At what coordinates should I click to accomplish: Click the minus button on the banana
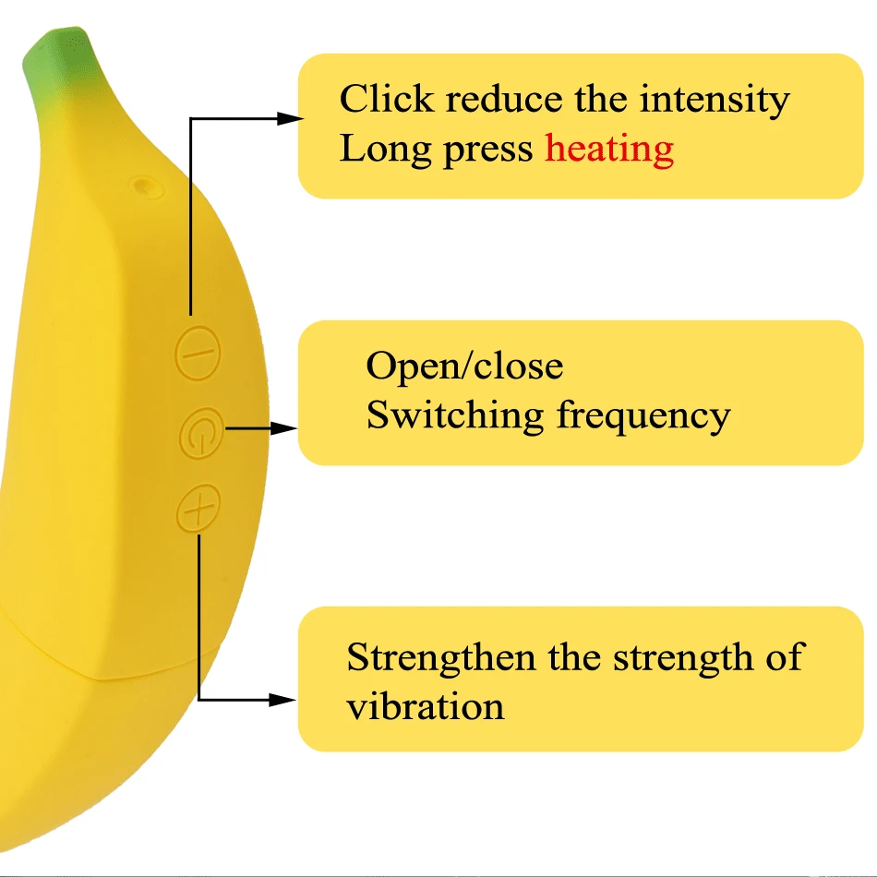point(198,353)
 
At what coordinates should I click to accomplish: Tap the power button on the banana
point(201,433)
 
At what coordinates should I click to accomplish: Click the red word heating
point(609,150)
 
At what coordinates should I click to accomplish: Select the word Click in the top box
point(387,99)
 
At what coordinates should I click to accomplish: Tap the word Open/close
point(464,366)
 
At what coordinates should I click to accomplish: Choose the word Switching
point(455,416)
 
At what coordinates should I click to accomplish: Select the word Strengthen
point(440,658)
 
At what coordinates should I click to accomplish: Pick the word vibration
point(425,706)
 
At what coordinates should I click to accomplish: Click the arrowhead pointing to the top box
point(290,118)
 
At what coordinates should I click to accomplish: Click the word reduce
point(504,99)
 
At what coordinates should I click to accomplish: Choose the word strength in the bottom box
point(683,658)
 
